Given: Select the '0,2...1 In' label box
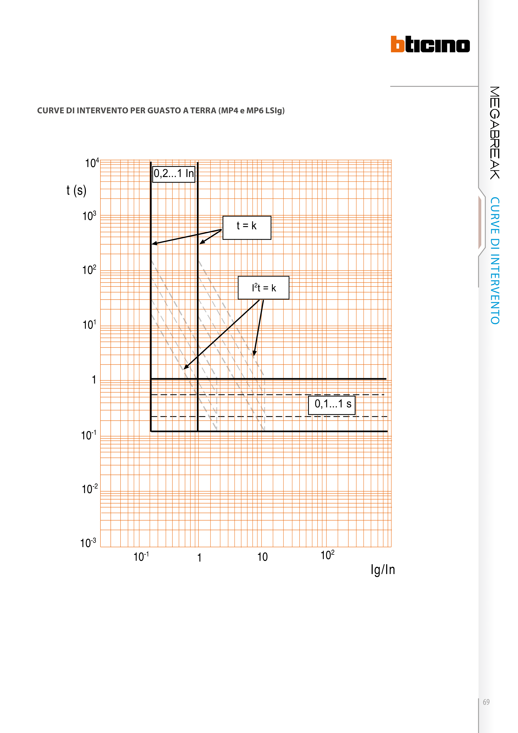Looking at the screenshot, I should coord(174,174).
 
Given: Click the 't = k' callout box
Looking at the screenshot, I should coord(247,228).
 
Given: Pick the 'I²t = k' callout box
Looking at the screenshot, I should coord(263,288).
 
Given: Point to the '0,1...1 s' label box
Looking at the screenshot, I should coord(332,404).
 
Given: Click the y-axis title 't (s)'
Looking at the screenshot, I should coord(76,191).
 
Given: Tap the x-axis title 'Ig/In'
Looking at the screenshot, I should coord(383,569).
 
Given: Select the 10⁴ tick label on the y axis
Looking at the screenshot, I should coord(92,163).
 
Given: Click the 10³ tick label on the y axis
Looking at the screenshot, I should coord(89,216).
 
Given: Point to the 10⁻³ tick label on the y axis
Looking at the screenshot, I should coord(88,543).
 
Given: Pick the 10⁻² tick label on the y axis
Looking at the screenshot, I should coord(89,489).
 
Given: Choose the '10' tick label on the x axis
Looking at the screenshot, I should coord(262,557).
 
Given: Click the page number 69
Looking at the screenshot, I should coord(486,702).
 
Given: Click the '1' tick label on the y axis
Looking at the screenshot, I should coord(94,380).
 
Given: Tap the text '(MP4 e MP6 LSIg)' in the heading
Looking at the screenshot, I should coord(251,111).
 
